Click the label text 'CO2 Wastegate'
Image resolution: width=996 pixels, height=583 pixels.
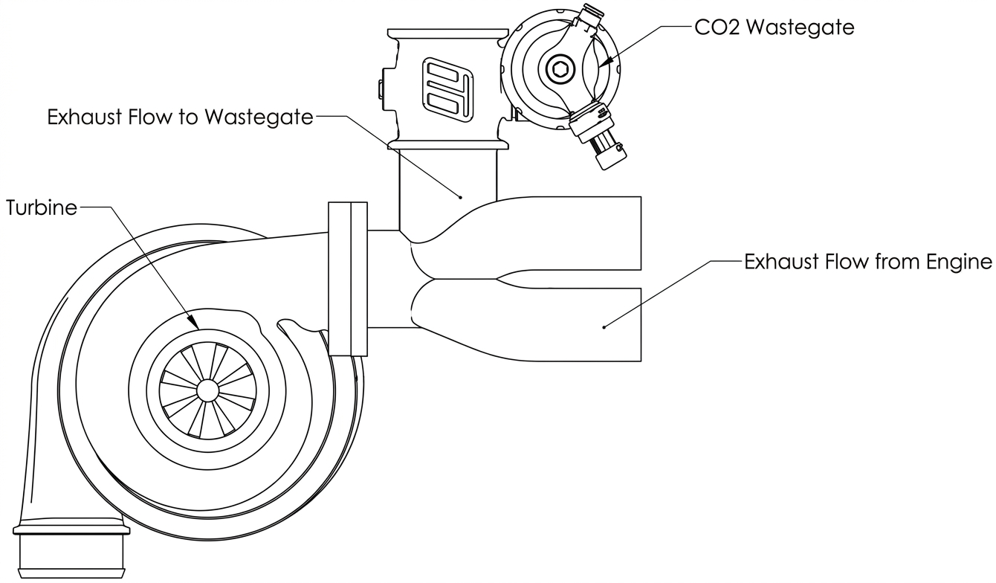tap(774, 27)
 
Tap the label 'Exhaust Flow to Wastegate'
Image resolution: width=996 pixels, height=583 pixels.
tap(180, 117)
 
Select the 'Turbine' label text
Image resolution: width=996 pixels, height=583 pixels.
tap(42, 207)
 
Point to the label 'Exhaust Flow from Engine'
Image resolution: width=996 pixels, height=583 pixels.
tap(868, 262)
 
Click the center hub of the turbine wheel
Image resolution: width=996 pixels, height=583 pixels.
tap(207, 390)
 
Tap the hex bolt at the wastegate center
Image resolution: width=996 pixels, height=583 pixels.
tap(557, 69)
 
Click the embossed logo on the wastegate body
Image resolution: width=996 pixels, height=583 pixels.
tap(447, 89)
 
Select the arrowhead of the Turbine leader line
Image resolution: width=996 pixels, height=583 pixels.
tap(193, 322)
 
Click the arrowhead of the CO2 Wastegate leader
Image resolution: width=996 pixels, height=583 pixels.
tap(604, 63)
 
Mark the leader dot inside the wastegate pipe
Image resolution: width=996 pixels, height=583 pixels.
tap(461, 197)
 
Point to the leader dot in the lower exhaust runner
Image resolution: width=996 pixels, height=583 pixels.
tap(604, 327)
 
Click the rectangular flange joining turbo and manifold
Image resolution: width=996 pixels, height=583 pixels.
tap(348, 279)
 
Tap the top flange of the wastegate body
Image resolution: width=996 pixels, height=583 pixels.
tap(447, 33)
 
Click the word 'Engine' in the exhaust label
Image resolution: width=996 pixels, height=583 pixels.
tap(959, 262)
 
